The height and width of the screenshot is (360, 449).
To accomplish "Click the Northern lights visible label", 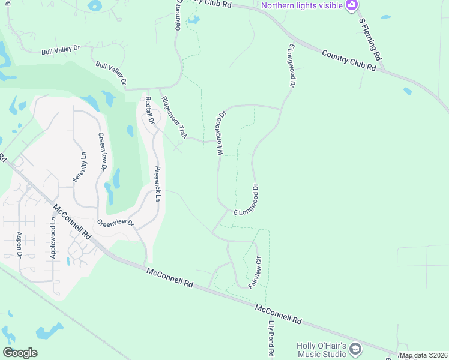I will [302, 5].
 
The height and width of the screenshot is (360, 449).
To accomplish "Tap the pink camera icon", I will [352, 5].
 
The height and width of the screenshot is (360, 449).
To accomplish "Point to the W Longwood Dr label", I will [221, 132].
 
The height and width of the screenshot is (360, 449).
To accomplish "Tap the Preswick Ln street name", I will [158, 184].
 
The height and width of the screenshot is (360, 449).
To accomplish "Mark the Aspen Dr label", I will [20, 245].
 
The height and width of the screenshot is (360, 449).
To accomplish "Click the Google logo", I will [20, 353].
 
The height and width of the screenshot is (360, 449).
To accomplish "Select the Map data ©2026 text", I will [423, 355].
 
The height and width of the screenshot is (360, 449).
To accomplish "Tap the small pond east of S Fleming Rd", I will [408, 91].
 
